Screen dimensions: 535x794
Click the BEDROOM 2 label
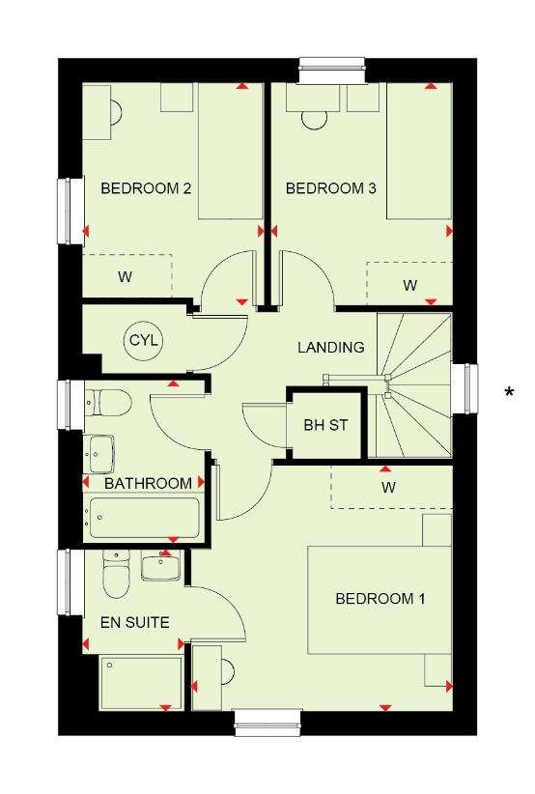click(146, 188)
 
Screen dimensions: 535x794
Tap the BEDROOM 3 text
click(331, 188)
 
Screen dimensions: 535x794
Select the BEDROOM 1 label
click(380, 599)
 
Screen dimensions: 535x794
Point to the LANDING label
click(331, 348)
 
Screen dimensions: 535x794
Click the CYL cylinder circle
click(144, 340)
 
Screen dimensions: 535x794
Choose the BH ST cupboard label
click(326, 425)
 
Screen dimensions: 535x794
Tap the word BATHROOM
click(149, 483)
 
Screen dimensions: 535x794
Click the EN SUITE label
click(134, 622)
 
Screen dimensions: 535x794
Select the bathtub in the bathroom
click(144, 519)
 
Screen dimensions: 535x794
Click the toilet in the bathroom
click(107, 403)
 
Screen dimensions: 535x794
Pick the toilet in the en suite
click(116, 573)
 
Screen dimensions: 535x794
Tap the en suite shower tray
click(142, 683)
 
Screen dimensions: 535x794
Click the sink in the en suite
click(160, 566)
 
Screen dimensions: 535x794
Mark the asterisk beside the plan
click(509, 392)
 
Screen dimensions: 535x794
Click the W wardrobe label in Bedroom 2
click(125, 277)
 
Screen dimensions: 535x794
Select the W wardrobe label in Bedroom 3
click(410, 286)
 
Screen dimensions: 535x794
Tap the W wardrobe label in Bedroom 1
click(389, 488)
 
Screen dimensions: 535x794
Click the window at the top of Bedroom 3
click(331, 71)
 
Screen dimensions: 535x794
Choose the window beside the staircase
click(465, 388)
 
